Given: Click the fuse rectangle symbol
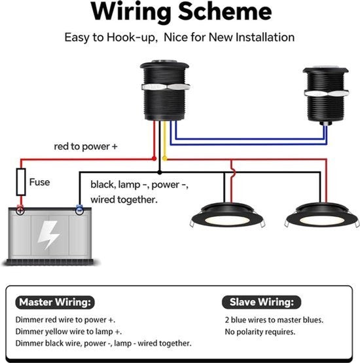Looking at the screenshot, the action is point(21,182).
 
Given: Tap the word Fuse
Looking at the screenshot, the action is point(39,182).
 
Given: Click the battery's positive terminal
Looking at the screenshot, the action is point(20,210).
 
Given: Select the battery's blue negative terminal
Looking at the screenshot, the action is point(79,210).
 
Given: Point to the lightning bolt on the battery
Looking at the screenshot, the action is point(48,235).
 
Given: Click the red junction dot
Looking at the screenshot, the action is point(154,159).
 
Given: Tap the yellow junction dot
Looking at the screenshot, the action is point(165,159).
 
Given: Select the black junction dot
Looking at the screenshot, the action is point(159,172).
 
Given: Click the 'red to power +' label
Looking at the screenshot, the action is point(86,146).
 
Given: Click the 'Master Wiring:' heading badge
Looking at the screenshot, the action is point(55,302).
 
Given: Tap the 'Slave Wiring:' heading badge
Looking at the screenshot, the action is point(262,302).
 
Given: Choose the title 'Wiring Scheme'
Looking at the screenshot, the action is point(181,11).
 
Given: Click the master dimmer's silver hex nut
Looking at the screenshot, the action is point(166,87).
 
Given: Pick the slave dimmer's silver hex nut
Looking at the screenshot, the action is point(327,93).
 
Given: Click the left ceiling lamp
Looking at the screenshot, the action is point(228,216).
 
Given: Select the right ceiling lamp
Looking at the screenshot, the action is point(323,216).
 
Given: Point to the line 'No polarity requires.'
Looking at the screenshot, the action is point(260,332).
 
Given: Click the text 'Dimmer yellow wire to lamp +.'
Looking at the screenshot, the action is point(69,332).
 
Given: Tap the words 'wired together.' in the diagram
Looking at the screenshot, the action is point(124,200).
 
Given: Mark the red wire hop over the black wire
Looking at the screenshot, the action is point(232,172).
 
